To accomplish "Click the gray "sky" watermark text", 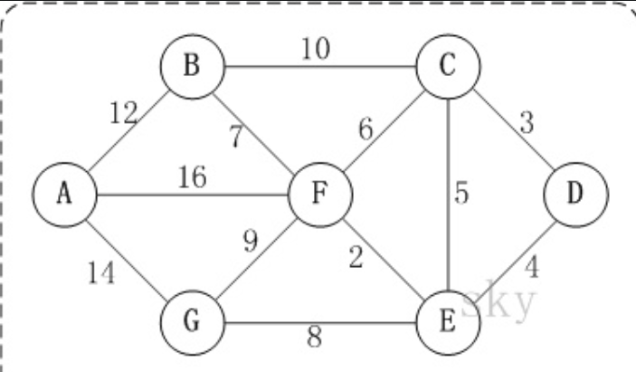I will pyautogui.click(x=497, y=304).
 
